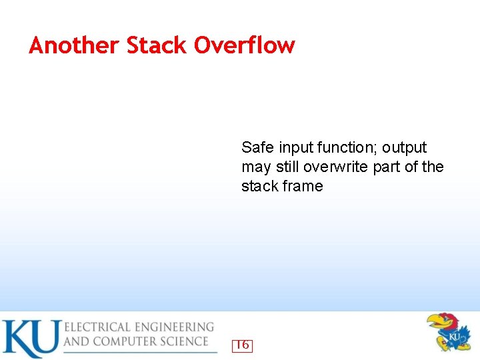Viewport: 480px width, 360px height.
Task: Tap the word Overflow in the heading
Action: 244,45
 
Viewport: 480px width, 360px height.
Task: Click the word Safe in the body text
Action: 257,147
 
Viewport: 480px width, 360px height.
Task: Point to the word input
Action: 295,148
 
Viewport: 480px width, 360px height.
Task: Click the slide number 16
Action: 242,345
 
